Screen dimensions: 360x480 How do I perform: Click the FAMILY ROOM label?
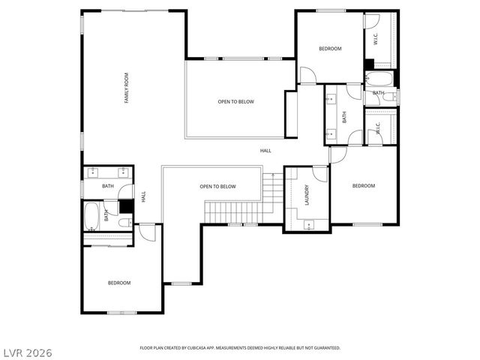pos(127,88)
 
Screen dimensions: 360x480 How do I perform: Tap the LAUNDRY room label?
pos(307,196)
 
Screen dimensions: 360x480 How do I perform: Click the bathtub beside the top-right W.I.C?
pos(379,79)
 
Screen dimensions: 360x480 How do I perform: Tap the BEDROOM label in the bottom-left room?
pos(119,283)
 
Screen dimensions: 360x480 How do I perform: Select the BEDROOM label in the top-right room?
pos(330,49)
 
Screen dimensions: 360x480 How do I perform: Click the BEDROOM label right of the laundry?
pos(364,186)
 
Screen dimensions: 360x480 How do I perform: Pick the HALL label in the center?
pos(265,151)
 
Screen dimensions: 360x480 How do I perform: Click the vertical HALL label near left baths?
pos(143,196)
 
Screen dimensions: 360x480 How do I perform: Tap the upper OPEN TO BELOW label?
pos(235,101)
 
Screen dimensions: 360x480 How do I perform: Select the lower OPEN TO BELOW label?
pos(217,187)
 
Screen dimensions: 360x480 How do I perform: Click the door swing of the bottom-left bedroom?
pos(148,233)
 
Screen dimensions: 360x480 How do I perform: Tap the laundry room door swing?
pos(320,174)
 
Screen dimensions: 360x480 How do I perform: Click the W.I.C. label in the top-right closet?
pos(375,37)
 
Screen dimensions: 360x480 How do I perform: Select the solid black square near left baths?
pos(126,204)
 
